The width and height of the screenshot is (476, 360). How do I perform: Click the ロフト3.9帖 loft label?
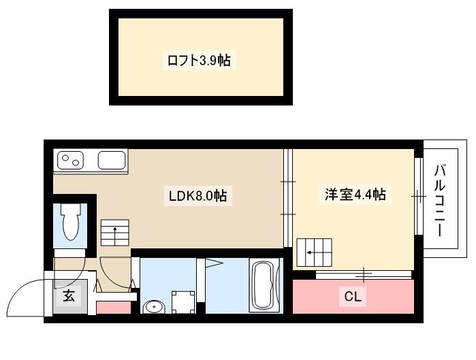click(199, 61)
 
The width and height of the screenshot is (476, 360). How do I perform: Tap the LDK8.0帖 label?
click(197, 195)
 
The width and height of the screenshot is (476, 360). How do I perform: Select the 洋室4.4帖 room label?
click(355, 195)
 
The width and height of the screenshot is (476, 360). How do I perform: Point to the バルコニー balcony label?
click(440, 201)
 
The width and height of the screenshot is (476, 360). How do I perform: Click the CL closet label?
click(353, 296)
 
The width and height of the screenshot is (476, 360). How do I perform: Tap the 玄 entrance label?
click(69, 295)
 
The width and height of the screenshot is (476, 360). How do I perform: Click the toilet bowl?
click(71, 221)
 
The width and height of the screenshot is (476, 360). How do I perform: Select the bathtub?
click(264, 284)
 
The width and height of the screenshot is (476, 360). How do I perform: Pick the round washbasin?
click(154, 307)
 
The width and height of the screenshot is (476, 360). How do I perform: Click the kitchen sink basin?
click(112, 160)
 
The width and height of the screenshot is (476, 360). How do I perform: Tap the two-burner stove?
click(70, 160)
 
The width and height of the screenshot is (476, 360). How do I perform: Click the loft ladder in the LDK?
click(115, 233)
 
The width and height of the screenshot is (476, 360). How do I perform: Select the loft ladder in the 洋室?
click(314, 252)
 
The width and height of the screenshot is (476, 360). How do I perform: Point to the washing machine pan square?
click(183, 302)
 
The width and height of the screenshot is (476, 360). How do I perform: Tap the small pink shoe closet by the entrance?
click(114, 308)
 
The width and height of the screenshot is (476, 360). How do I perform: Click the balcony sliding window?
click(419, 197)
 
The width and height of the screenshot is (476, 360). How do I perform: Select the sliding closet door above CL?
click(364, 275)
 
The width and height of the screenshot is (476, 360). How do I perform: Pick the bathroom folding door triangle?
click(215, 263)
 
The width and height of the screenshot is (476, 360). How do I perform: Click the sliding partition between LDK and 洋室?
click(288, 198)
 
